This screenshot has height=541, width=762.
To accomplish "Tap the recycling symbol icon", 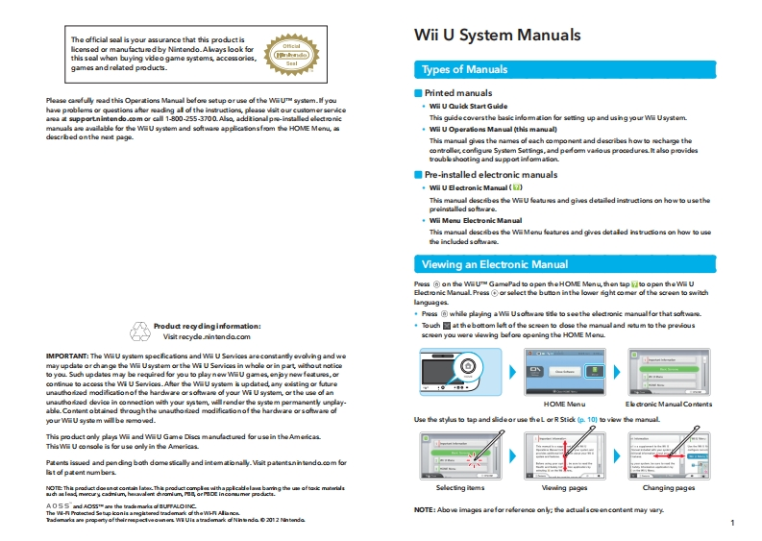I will pos(142,331).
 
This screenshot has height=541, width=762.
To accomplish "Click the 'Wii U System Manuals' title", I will pos(497,36).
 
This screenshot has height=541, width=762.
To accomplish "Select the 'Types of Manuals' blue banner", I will pos(465,69).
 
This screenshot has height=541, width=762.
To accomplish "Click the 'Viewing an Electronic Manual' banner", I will pos(495,264).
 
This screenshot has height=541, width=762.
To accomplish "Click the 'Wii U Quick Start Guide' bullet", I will pos(468,106).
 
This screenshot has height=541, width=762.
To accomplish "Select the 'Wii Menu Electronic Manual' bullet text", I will pos(476,221).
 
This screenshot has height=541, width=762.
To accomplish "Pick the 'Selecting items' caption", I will pos(459,488).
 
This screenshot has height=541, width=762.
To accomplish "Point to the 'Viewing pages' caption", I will pos(564,488).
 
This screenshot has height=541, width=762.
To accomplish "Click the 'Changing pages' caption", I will pos(668,488).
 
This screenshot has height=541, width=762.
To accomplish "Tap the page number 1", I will pos(732,523).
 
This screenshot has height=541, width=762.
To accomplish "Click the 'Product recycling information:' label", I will pos(207,326).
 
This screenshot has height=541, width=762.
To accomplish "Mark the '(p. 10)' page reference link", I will pos(586,420).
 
